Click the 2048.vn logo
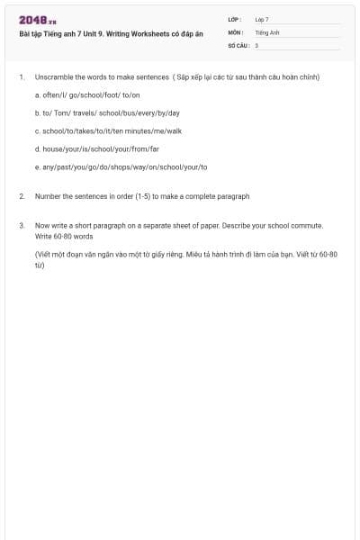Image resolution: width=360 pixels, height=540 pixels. point(37,20)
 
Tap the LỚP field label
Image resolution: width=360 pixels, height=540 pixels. point(234,19)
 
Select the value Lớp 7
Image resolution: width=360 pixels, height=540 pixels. point(262,19)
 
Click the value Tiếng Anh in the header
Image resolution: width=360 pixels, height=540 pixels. point(267,31)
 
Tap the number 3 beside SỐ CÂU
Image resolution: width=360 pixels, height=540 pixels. point(256,44)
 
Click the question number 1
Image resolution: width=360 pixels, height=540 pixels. point(21,77)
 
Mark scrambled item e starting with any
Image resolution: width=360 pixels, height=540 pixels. point(121,166)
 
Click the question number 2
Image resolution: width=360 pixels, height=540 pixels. point(21,195)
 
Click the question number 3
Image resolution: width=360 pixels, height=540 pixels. point(21,225)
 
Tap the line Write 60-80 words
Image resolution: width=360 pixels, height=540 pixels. point(64,236)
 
